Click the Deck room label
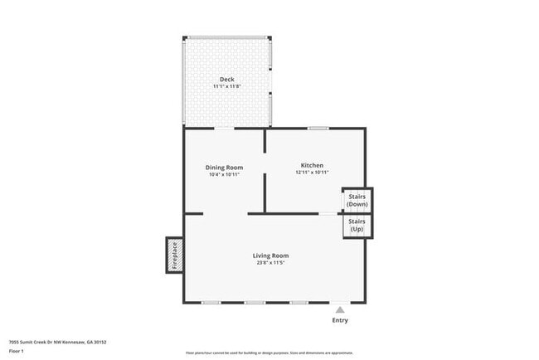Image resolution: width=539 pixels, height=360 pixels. (226, 80)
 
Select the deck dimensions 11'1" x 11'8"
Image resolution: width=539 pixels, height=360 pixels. (226, 86)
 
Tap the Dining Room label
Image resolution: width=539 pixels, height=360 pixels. (224, 167)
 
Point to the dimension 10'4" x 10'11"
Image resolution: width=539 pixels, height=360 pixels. (224, 173)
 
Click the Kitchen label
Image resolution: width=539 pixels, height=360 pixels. (312, 165)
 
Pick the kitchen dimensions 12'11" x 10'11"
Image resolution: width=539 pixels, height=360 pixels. (312, 173)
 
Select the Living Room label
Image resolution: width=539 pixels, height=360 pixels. (270, 255)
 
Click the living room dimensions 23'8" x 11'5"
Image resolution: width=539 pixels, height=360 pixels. (270, 263)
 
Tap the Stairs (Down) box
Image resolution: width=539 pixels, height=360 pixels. (357, 200)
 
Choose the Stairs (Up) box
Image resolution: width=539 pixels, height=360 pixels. (357, 226)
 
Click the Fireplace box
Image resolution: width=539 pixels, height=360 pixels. (175, 256)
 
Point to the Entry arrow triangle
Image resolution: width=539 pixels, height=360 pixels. (339, 309)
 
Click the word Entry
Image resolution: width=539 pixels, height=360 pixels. (340, 320)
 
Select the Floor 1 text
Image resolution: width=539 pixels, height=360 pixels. (17, 351)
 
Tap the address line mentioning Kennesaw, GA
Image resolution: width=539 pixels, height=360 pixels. (57, 342)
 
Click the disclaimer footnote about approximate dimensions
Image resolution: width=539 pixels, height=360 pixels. (269, 353)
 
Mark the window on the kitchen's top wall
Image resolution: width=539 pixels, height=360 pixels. (318, 128)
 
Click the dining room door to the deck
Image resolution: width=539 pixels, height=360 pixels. (225, 128)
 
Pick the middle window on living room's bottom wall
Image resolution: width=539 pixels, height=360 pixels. (255, 302)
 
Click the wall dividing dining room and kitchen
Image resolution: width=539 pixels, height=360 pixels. (265, 170)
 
